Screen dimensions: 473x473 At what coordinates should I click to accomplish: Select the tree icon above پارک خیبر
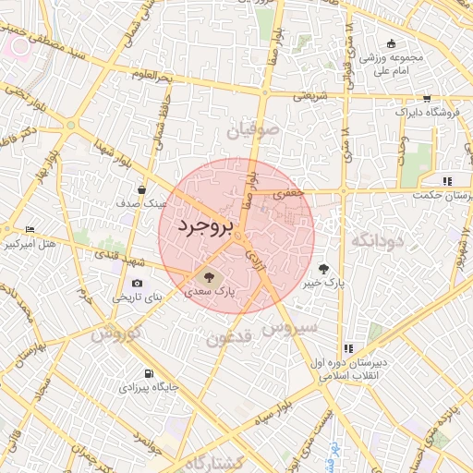(x=322, y=268)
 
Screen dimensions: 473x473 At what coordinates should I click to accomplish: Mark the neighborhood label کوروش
(x=116, y=334)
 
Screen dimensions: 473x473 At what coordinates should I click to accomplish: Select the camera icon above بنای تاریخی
(x=138, y=283)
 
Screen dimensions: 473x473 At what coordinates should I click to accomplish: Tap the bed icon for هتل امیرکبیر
(x=31, y=229)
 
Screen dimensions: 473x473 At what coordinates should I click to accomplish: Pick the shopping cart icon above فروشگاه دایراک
(x=426, y=98)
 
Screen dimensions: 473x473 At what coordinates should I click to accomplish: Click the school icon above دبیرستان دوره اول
(x=348, y=348)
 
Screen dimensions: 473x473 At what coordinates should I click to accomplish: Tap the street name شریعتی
(x=311, y=94)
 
